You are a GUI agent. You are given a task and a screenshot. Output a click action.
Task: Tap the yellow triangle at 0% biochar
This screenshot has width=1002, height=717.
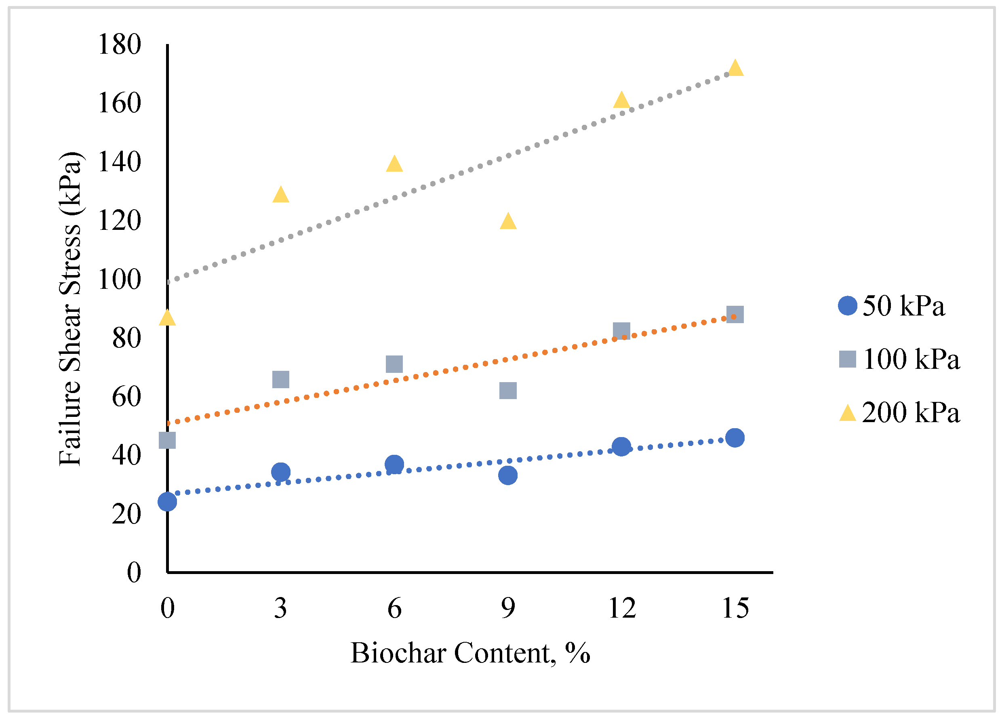pyautogui.click(x=167, y=318)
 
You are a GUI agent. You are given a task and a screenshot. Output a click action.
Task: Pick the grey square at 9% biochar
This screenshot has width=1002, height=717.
pyautogui.click(x=508, y=390)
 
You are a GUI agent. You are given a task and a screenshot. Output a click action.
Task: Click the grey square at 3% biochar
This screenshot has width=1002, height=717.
pyautogui.click(x=281, y=379)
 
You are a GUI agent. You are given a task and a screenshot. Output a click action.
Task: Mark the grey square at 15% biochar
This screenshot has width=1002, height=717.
pyautogui.click(x=735, y=315)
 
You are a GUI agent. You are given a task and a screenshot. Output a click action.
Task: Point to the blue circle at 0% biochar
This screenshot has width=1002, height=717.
pyautogui.click(x=167, y=502)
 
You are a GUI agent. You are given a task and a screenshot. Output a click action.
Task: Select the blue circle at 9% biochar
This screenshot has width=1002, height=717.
pyautogui.click(x=508, y=475)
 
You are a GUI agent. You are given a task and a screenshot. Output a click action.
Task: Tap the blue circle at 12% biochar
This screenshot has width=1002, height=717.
pyautogui.click(x=621, y=447)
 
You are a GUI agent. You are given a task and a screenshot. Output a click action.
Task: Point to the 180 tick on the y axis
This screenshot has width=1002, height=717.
pyautogui.click(x=119, y=44)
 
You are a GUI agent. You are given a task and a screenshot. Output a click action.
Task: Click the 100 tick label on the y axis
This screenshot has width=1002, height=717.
pyautogui.click(x=119, y=280)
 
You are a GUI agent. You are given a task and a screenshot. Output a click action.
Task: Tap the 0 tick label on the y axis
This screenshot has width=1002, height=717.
pyautogui.click(x=134, y=573)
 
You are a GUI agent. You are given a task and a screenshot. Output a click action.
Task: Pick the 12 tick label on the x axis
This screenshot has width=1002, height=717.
pyautogui.click(x=622, y=608)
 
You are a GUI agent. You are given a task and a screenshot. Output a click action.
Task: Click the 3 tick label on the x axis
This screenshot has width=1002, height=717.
pyautogui.click(x=280, y=608)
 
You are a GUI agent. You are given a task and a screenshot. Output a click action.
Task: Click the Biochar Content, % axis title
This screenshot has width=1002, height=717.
pyautogui.click(x=470, y=654)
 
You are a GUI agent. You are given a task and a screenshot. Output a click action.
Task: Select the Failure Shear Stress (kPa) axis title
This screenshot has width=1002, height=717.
pyautogui.click(x=71, y=309)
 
